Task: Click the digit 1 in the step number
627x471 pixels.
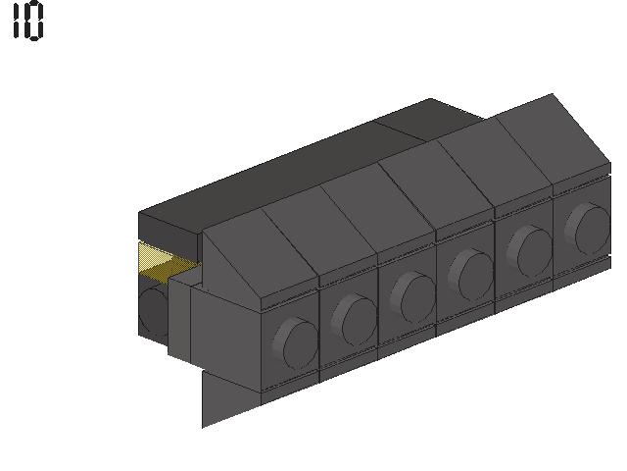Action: point(16,20)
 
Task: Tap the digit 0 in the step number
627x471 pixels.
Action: point(34,20)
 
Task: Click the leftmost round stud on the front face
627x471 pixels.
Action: point(295,343)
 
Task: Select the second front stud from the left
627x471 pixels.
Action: point(354,321)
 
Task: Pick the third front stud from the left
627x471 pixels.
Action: point(412,297)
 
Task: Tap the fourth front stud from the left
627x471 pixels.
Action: point(471,275)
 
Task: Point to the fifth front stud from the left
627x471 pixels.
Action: point(529,251)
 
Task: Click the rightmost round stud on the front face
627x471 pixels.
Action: point(588,229)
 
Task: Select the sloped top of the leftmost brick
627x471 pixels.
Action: point(260,253)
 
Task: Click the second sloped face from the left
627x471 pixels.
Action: point(320,231)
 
